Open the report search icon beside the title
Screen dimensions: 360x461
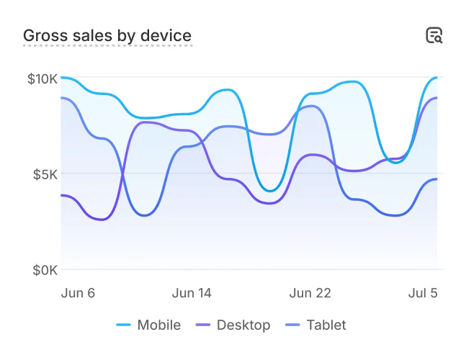434,35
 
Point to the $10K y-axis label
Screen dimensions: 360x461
42,78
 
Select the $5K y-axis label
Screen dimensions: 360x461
45,174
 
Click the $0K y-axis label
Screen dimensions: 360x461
45,270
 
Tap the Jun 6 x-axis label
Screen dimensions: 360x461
79,293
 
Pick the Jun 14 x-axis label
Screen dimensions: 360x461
192,293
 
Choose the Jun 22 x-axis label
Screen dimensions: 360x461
310,293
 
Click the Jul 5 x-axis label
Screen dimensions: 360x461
423,293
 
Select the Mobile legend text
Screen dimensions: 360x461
158,325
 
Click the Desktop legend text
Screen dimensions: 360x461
243,325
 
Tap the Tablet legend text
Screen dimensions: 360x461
326,325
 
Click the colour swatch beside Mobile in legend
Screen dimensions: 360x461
123,325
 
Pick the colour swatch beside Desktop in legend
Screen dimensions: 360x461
202,325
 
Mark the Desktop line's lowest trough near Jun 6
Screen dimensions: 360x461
99,219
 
